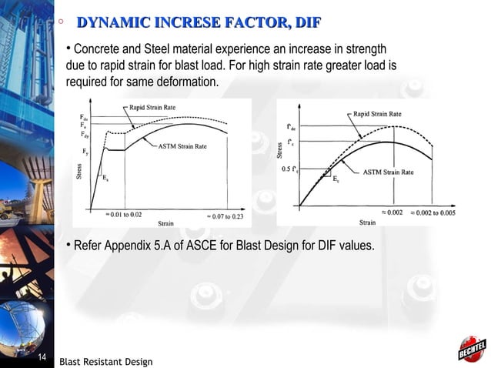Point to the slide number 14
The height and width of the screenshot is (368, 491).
[42, 358]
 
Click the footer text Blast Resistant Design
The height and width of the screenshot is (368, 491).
[105, 362]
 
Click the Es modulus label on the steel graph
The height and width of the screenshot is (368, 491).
[105, 177]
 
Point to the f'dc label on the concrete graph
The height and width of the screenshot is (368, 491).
[289, 126]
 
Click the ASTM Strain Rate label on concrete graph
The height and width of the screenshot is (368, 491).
[389, 172]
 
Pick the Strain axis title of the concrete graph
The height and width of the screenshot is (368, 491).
[367, 223]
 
